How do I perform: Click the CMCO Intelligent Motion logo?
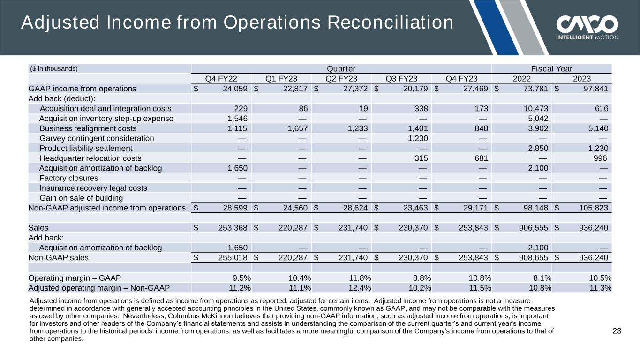(587, 28)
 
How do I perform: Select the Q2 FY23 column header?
(341, 78)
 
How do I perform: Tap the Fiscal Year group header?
(552, 68)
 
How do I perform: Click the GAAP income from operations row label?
(82, 89)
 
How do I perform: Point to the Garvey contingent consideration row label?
(97, 138)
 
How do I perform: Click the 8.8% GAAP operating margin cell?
(420, 277)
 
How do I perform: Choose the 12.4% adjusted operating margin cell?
(360, 288)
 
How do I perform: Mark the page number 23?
(617, 331)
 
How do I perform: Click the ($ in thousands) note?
(54, 68)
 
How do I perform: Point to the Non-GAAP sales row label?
(59, 257)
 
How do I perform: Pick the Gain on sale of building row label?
(82, 198)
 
